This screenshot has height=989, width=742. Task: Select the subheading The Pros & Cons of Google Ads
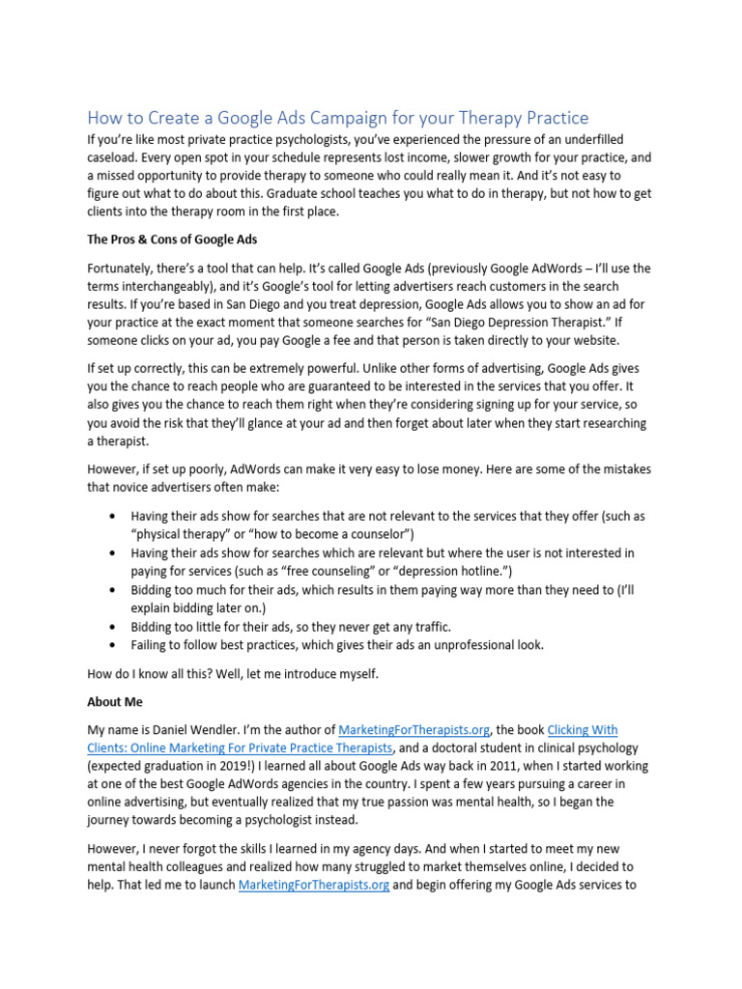pyautogui.click(x=171, y=240)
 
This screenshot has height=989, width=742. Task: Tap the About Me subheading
pyautogui.click(x=115, y=702)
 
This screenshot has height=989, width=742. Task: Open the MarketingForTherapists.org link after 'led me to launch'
pyautogui.click(x=314, y=884)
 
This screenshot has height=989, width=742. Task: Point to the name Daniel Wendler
pyautogui.click(x=214, y=730)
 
